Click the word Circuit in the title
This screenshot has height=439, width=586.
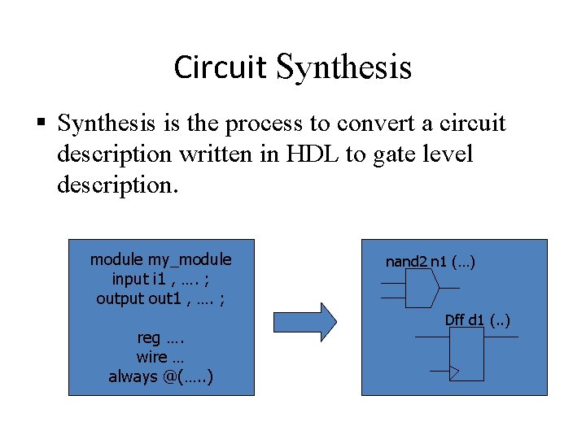(x=221, y=67)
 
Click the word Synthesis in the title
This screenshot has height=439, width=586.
(x=343, y=67)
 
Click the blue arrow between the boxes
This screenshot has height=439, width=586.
(x=304, y=321)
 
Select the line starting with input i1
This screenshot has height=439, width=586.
(x=160, y=279)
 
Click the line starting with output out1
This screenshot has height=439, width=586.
(x=160, y=298)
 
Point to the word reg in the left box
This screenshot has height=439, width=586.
(x=149, y=338)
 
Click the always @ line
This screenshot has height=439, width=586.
(x=160, y=376)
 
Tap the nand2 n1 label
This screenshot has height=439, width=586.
(x=430, y=262)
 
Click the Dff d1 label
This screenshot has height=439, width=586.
(x=477, y=319)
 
